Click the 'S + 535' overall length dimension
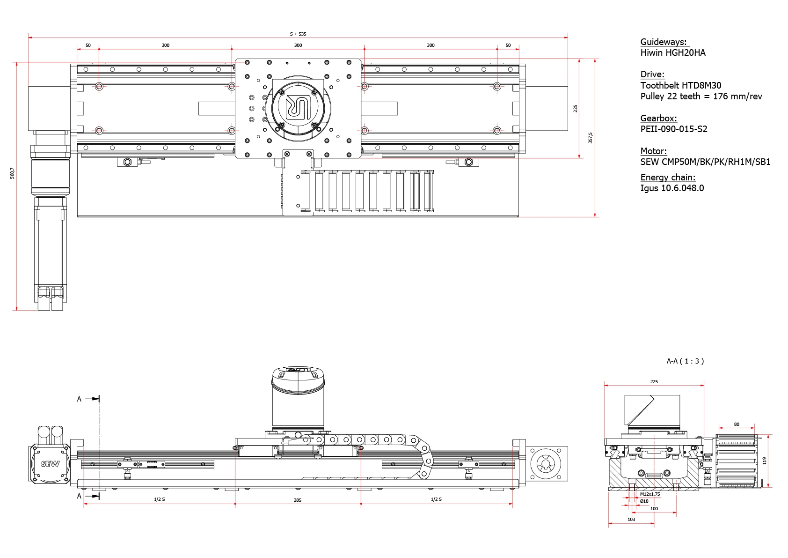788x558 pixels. click(298, 34)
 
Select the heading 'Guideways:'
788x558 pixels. click(664, 42)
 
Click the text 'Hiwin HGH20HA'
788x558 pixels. click(672, 52)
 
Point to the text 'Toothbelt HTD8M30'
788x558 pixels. click(680, 85)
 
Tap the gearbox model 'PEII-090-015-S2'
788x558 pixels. click(673, 129)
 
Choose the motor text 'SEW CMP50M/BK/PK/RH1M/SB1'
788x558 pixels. click(705, 162)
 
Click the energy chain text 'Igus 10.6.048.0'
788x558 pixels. click(671, 188)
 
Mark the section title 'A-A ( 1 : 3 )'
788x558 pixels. click(685, 361)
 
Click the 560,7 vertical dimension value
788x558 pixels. click(12, 173)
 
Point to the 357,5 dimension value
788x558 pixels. click(590, 138)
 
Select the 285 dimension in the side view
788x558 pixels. click(298, 500)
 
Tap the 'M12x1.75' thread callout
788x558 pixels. click(650, 494)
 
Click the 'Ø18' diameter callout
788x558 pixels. click(644, 501)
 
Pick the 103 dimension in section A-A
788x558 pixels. click(631, 519)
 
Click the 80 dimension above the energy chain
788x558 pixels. click(737, 424)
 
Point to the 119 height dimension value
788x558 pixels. click(765, 461)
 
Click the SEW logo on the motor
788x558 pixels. click(50, 464)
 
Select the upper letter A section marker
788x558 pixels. click(79, 399)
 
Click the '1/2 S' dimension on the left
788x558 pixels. click(160, 499)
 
